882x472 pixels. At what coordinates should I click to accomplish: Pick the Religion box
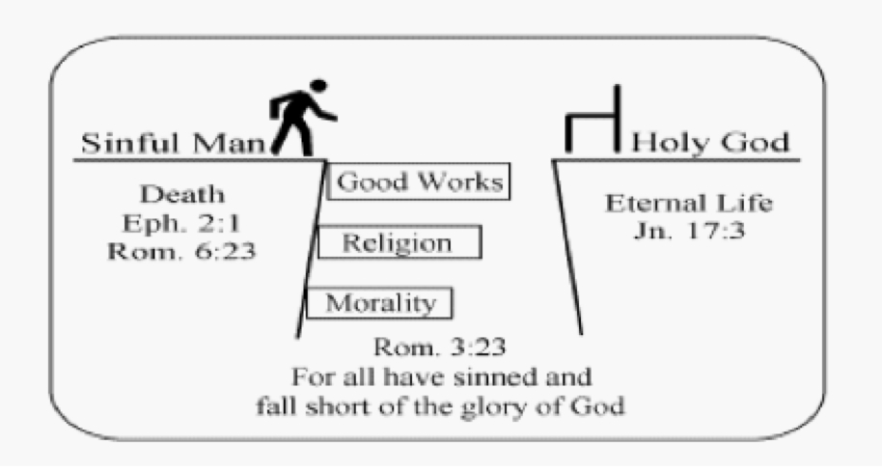click(x=398, y=242)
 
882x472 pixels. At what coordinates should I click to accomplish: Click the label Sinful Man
click(x=172, y=145)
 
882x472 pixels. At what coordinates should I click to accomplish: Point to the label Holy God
click(x=709, y=145)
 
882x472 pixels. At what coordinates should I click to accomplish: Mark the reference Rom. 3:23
click(x=440, y=346)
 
